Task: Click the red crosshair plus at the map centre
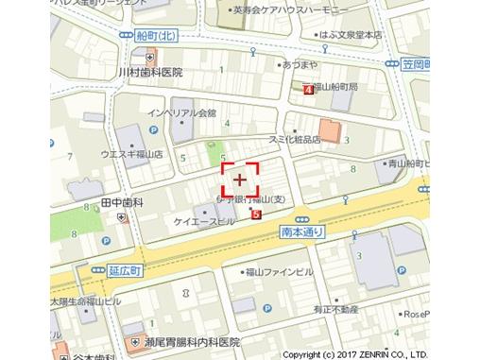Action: [x=240, y=179]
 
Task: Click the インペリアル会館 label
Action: [x=182, y=111]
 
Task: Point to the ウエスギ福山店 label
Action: [x=131, y=153]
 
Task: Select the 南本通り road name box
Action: [x=302, y=231]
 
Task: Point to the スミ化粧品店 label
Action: [x=293, y=139]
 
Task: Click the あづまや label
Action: [x=299, y=65]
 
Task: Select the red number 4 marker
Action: [x=308, y=90]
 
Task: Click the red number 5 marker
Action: [x=256, y=214]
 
